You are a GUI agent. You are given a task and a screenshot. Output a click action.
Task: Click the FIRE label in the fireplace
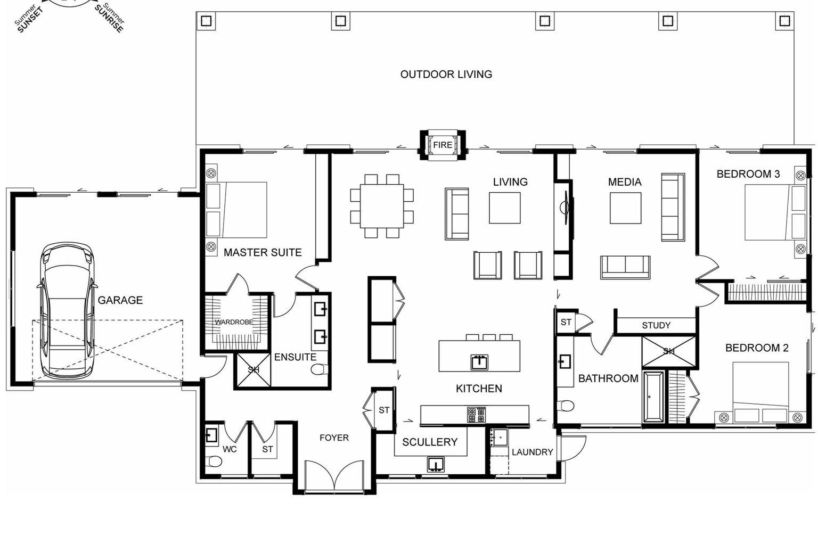coord(443,145)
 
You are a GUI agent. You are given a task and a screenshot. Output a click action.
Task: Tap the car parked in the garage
coord(67,311)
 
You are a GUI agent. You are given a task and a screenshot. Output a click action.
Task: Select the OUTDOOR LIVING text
coord(446,75)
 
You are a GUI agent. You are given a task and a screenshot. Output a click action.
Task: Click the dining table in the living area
coord(382,207)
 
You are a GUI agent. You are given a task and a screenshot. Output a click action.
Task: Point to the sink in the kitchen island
coord(479,362)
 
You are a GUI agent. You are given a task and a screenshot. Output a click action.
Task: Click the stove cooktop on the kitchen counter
coord(476,415)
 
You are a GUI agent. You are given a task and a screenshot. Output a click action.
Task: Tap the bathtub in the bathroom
coord(653,397)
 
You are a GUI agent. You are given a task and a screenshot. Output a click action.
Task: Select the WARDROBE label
coord(234,322)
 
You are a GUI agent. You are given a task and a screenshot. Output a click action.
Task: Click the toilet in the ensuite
coord(319,369)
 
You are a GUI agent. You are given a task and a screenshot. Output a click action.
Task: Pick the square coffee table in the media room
coord(625,208)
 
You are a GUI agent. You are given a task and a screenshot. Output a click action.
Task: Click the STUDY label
coord(656,325)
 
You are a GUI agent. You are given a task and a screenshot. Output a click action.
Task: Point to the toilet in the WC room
coord(214,461)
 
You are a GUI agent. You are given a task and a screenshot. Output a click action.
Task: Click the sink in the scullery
coord(435,464)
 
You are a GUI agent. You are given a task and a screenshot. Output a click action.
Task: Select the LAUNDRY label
coord(532,452)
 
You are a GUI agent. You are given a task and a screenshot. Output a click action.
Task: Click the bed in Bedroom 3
coord(775,212)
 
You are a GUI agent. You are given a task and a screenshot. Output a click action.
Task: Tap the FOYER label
coord(334,437)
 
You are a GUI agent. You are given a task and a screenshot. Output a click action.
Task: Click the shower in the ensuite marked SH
coord(254,370)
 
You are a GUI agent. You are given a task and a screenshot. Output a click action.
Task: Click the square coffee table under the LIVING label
coord(505,208)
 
